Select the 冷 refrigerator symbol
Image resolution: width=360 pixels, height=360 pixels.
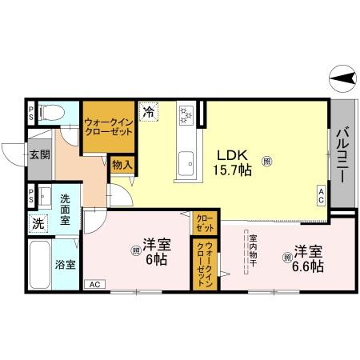pos(149,113)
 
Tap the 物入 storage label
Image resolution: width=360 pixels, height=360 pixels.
pos(122,166)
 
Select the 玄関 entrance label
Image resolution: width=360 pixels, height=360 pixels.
pos(38,154)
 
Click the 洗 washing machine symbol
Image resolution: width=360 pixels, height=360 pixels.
pos(38,225)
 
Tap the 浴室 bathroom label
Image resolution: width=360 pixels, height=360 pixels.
pos(65,264)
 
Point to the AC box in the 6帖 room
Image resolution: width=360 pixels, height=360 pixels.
pos(94,284)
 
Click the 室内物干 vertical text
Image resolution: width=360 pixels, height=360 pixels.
pos(251,251)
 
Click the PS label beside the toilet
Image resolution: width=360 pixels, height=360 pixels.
pos(30,113)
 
